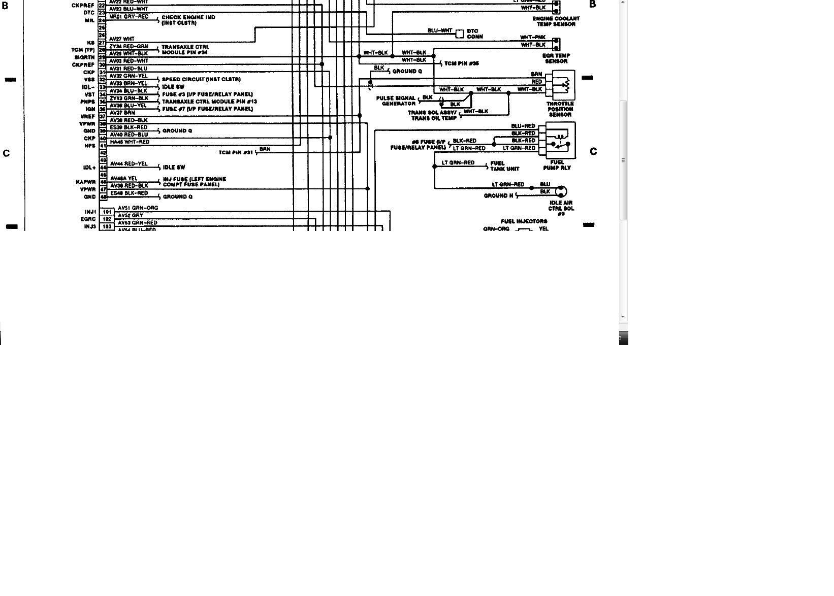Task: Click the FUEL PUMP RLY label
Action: tap(557, 165)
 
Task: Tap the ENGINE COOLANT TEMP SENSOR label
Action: tap(556, 21)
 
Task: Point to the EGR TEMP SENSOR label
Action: tap(556, 58)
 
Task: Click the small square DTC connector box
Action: tap(459, 34)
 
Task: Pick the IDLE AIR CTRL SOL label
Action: tap(561, 208)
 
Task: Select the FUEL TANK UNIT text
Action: tap(504, 166)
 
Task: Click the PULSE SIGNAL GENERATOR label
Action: tap(396, 101)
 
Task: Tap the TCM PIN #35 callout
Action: tap(461, 63)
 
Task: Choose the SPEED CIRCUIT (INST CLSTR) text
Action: tap(201, 80)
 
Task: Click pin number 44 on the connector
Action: tap(103, 168)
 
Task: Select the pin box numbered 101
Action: tap(107, 212)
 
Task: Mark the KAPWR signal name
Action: tap(86, 182)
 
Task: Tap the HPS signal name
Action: tap(90, 146)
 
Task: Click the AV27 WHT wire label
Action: tap(122, 39)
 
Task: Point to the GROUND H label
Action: tap(498, 195)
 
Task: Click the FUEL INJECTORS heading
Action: tap(524, 221)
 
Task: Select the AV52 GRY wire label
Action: tap(131, 215)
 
